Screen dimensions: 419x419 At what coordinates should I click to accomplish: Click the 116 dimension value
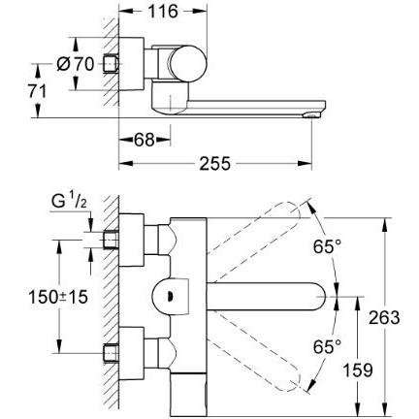point(163,12)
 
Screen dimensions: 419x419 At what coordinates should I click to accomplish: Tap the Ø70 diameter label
point(75,64)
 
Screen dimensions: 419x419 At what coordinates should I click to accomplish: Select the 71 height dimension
point(38,91)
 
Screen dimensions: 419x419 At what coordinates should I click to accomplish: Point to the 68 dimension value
point(144,140)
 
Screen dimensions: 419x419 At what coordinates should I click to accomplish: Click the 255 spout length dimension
point(215,163)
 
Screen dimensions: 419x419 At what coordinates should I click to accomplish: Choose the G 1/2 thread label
point(69,202)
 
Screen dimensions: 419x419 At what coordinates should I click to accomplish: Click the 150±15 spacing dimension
point(58,297)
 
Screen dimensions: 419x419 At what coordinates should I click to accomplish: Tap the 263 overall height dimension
point(384,317)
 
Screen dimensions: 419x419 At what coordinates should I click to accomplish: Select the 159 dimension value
point(358,370)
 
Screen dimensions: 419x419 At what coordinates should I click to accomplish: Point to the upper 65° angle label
point(327,247)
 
